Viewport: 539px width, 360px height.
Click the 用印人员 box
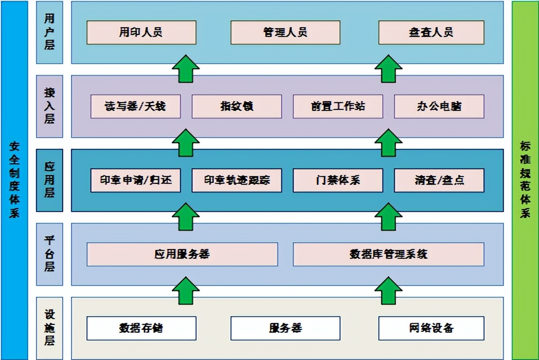click(141, 33)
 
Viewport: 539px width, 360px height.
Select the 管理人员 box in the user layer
click(285, 33)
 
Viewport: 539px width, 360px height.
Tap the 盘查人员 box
click(431, 33)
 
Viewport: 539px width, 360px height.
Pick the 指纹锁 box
click(236, 106)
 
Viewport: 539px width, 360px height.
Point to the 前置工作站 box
click(338, 106)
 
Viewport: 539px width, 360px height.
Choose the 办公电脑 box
click(439, 106)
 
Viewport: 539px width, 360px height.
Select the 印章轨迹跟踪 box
click(236, 180)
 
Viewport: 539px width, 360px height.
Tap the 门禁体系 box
click(338, 180)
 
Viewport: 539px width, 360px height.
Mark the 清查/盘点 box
click(439, 180)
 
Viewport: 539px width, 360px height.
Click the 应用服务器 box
click(182, 254)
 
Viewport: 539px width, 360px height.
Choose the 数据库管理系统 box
click(388, 254)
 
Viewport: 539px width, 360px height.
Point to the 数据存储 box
click(141, 328)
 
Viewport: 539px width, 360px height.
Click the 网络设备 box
click(431, 328)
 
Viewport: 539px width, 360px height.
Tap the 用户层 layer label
click(49, 33)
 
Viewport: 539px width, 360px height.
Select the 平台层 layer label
click(49, 254)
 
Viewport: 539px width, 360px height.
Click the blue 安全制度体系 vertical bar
click(14, 180)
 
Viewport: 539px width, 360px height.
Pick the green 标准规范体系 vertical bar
click(525, 180)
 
